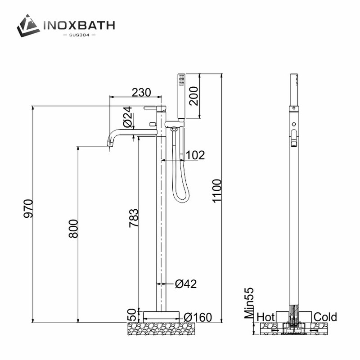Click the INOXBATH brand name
point(79,25)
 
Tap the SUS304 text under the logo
point(79,35)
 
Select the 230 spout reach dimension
point(141,92)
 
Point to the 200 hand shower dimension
point(193,96)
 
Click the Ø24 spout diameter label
point(128,117)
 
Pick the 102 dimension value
point(195,155)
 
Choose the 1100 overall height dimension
point(217,191)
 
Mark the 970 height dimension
point(28,208)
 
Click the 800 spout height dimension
point(73,229)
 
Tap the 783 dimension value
point(134,218)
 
